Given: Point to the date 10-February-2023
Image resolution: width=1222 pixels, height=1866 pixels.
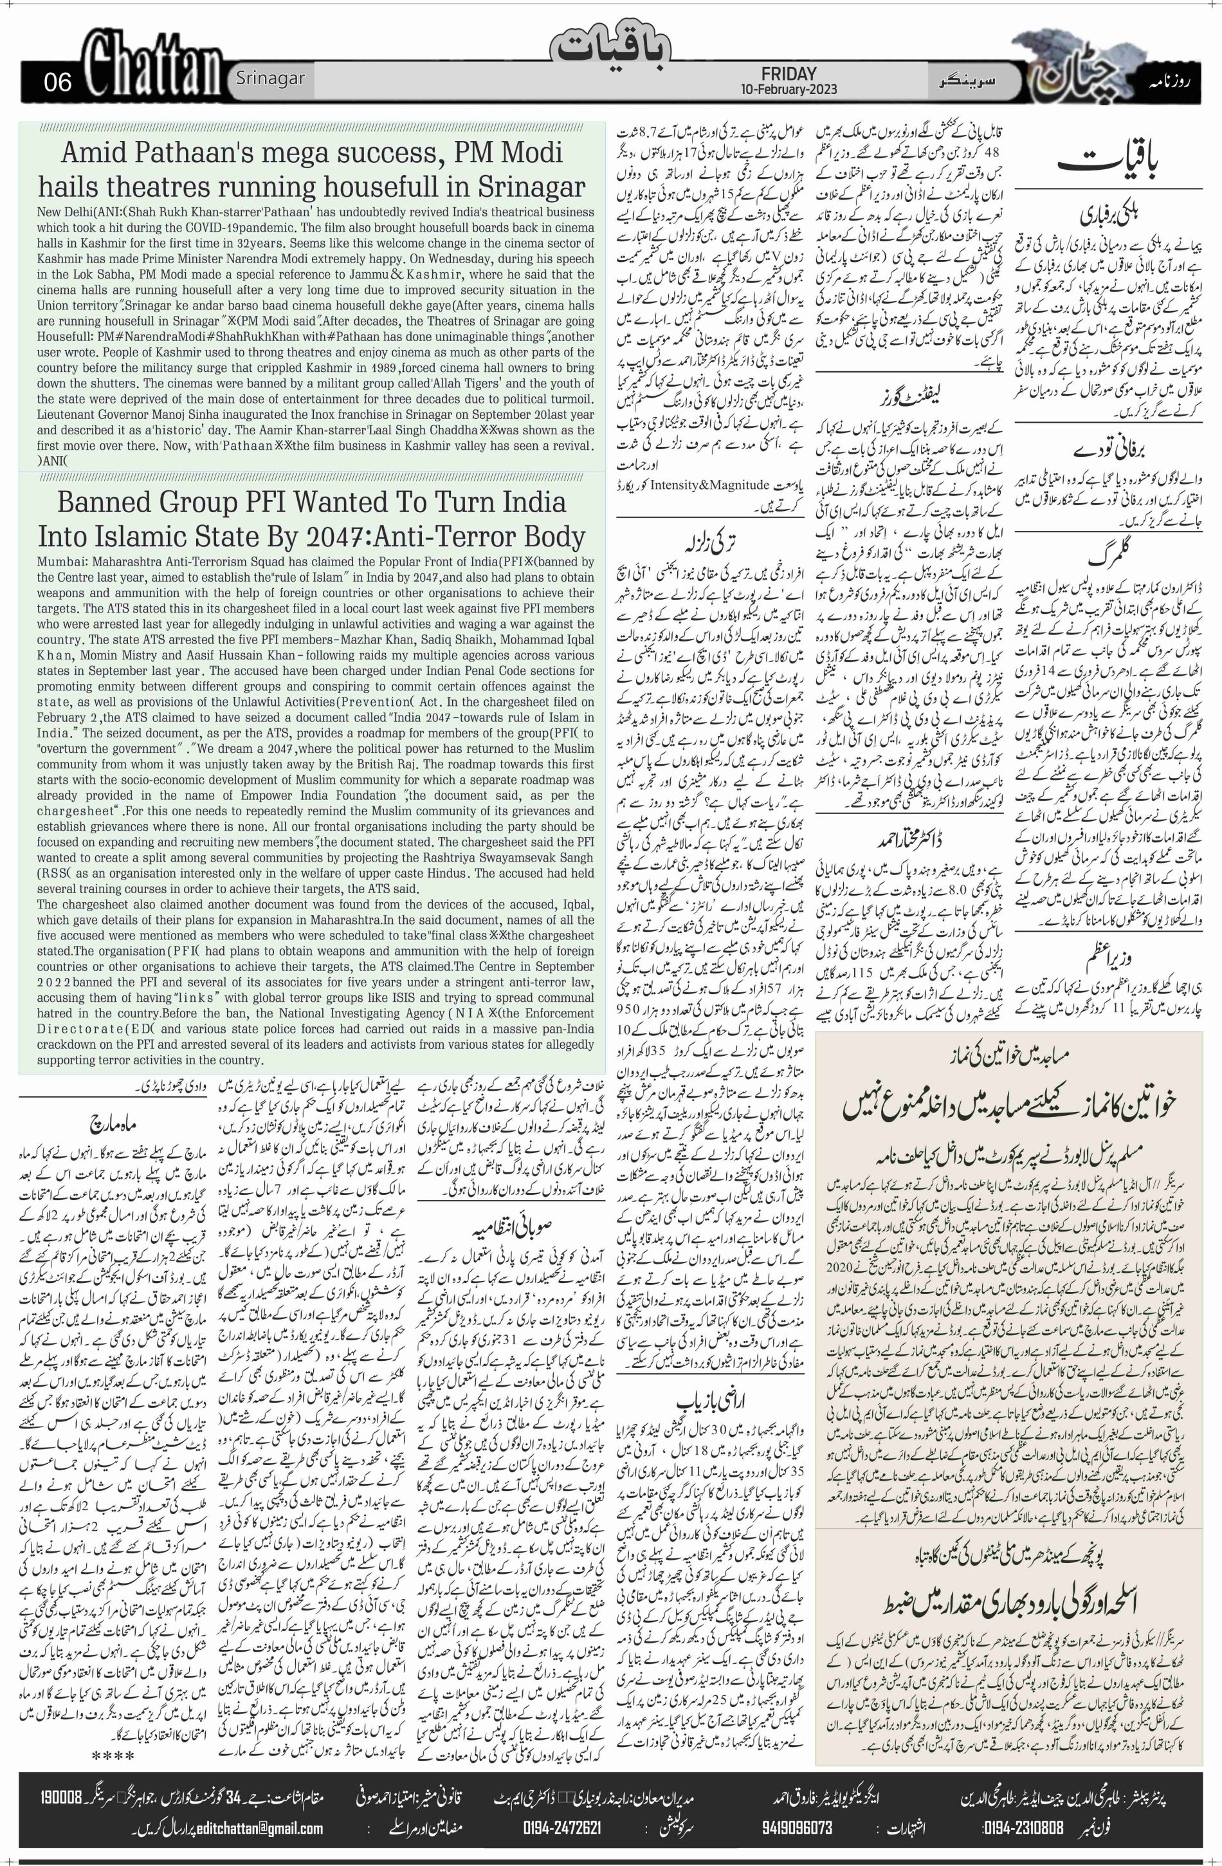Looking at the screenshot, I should (x=788, y=89).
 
